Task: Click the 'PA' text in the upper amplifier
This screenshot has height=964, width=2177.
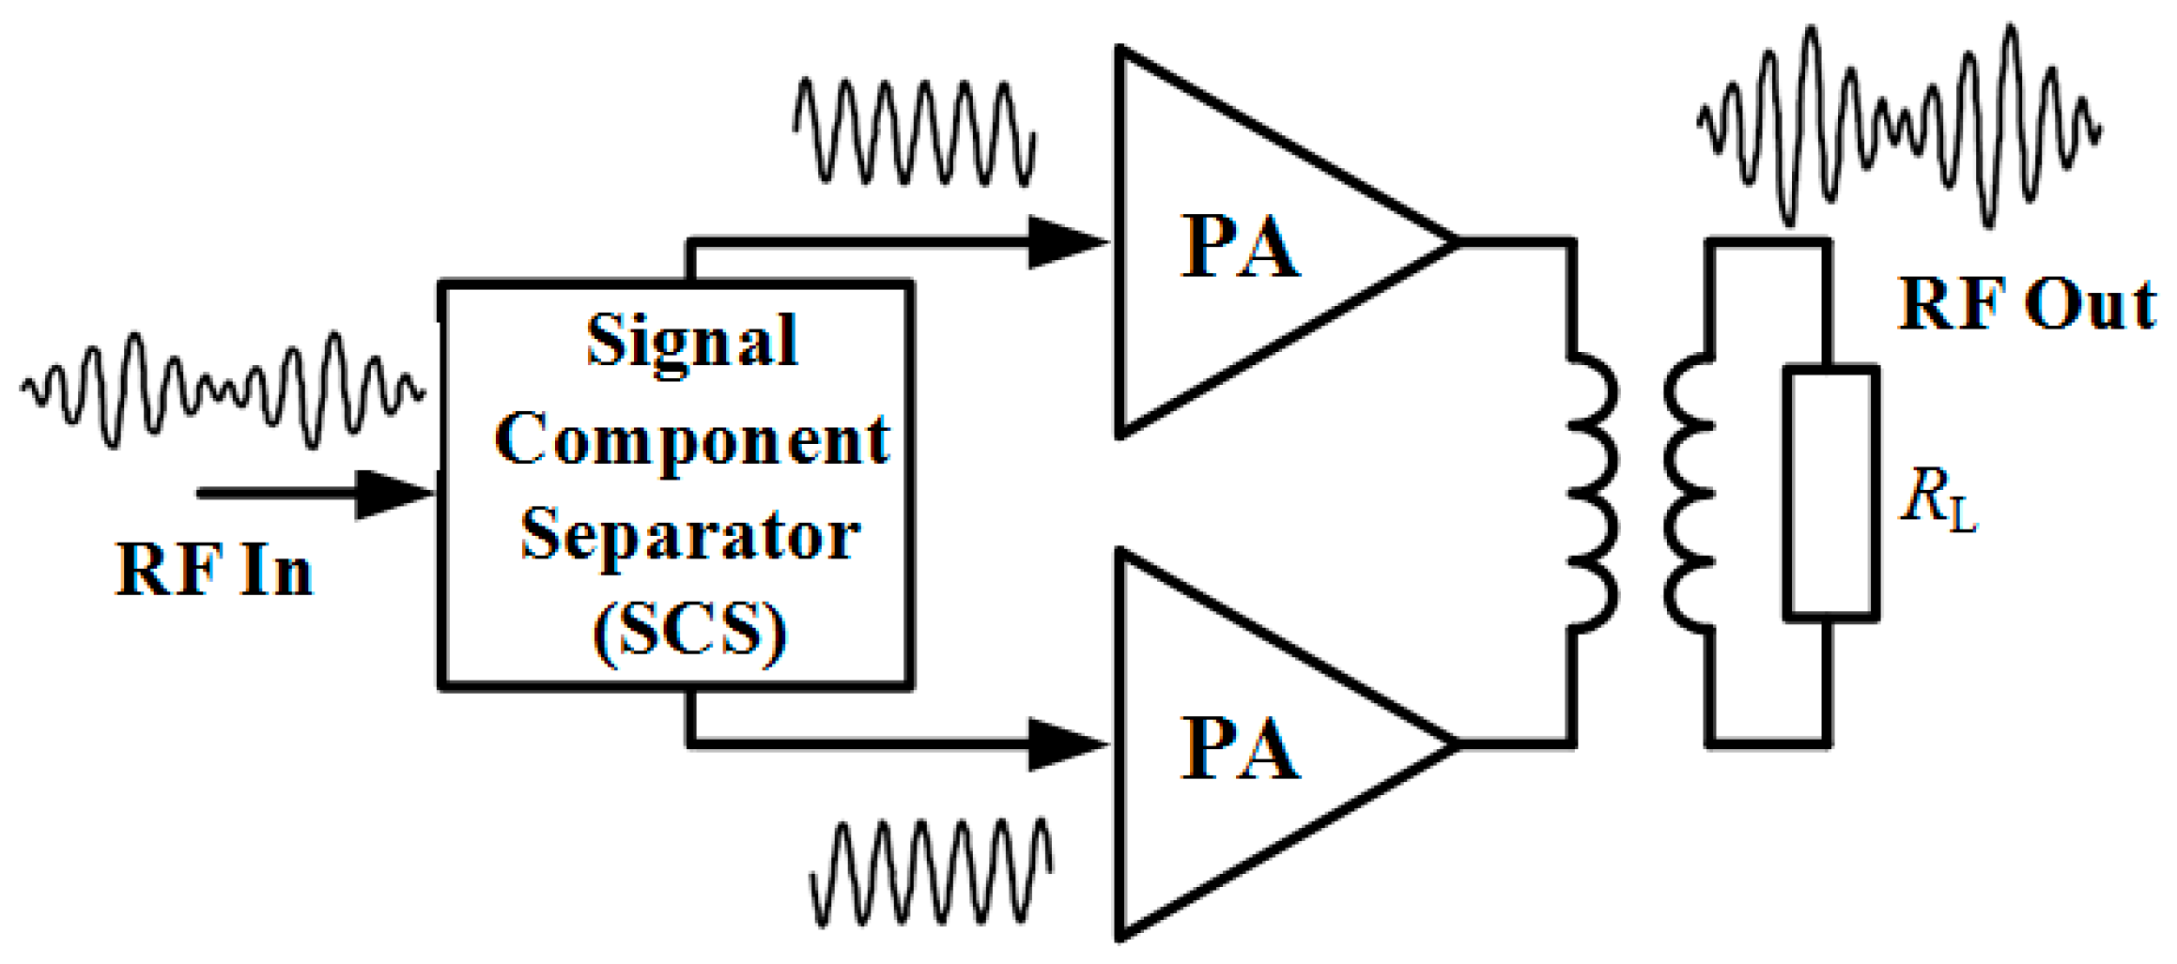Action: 1239,248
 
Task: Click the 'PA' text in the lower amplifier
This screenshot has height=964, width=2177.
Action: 1239,749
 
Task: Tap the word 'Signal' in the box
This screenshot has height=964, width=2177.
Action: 692,341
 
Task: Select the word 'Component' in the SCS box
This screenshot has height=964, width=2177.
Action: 691,439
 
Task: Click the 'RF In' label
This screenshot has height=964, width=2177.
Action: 214,571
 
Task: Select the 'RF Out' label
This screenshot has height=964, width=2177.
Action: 2027,305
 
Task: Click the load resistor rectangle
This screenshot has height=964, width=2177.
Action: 1830,493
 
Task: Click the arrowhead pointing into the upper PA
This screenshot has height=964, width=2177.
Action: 1066,242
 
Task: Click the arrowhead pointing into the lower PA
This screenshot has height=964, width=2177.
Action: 1066,744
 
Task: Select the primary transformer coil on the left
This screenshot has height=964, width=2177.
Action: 1594,493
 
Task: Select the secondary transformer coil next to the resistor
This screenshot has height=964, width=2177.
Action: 1688,493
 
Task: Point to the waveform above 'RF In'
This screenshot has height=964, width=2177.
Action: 222,390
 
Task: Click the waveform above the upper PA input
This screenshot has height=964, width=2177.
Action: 915,131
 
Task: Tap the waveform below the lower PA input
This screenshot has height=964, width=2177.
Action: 931,873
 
